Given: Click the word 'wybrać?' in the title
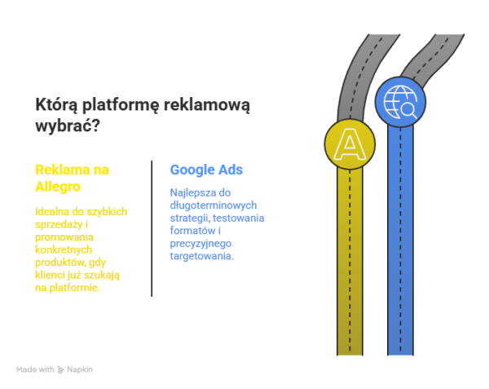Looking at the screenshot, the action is (68, 126).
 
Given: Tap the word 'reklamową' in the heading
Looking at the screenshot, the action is (207, 105).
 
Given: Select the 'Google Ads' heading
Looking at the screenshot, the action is (206, 170).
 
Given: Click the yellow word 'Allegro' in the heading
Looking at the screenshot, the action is (58, 188).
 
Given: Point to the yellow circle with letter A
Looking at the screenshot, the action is (350, 144).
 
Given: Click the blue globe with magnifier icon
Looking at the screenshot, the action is (400, 102).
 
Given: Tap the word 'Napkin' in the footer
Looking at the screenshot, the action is (80, 369).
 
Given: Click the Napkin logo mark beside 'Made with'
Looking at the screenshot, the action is (61, 370).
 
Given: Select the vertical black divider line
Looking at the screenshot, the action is (152, 228).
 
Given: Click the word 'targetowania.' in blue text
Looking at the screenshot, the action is (202, 256).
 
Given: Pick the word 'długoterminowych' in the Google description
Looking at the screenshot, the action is (214, 206).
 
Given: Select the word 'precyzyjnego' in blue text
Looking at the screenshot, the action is (200, 244).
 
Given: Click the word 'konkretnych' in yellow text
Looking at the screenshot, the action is (64, 250).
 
